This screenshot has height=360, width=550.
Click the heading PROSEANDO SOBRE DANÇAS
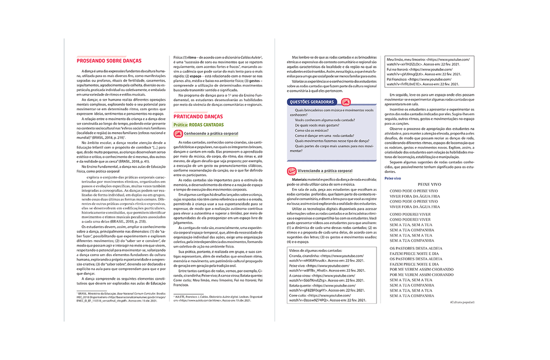tap(109, 61)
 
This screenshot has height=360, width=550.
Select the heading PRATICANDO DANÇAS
tap(198, 117)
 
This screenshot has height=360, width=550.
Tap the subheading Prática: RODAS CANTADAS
tap(198, 125)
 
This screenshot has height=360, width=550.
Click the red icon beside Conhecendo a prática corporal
tap(178, 134)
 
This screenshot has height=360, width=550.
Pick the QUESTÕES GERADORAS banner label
tap(312, 102)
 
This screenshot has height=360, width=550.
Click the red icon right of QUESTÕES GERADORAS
tap(346, 102)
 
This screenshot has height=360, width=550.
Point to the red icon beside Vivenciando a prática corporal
tap(291, 171)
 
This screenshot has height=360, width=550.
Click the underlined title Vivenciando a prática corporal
tap(325, 171)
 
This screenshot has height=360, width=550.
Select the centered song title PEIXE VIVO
tap(429, 184)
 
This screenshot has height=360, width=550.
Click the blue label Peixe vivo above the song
tap(393, 178)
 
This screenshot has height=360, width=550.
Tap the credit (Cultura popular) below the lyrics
tap(462, 302)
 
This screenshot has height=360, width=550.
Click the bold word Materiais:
tap(299, 179)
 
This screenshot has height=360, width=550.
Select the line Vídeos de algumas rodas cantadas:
tap(316, 251)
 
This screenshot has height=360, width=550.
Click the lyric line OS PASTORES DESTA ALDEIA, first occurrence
tap(416, 248)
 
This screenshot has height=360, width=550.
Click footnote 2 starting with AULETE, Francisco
tap(218, 299)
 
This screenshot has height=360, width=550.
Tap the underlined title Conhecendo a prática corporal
tap(211, 134)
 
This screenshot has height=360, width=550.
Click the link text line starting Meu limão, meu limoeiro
tap(428, 59)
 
